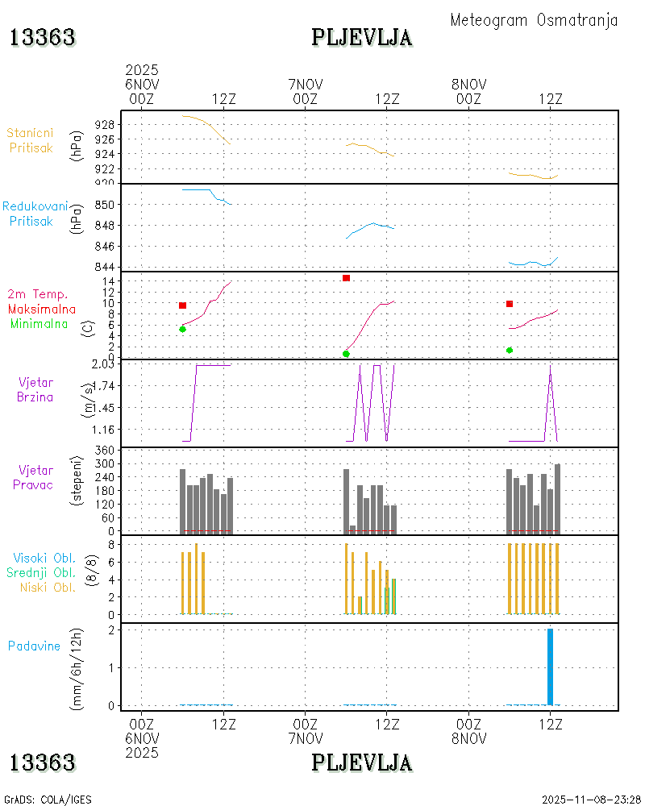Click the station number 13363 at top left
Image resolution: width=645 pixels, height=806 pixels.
43,37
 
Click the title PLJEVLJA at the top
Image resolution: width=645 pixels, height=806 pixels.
362,37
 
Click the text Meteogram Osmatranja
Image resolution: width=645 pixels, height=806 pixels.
534,20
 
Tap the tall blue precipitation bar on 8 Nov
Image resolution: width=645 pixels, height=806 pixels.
550,667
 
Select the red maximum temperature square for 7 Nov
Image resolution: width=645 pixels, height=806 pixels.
346,278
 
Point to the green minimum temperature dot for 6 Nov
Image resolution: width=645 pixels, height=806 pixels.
183,329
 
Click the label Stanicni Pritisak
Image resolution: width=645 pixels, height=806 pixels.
31,140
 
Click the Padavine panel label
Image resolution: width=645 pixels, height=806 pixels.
34,646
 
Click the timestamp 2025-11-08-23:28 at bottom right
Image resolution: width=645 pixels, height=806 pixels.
591,799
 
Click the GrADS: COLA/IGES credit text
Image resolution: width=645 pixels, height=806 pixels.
48,799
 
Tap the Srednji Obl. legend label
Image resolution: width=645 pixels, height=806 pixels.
41,572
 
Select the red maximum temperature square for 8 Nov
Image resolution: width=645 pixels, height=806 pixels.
510,304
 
